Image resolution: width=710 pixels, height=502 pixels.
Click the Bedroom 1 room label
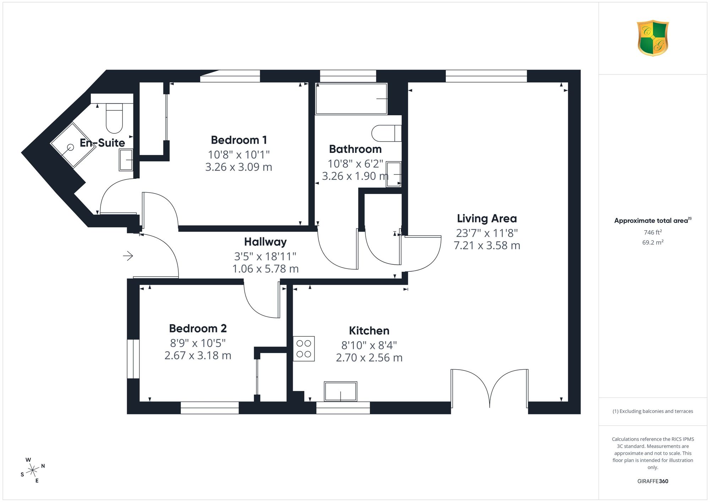point(239,140)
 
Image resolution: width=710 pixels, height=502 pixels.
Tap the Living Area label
point(487,219)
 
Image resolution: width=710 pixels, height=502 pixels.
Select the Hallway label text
point(265,242)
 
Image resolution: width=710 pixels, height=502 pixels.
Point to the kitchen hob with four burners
point(304,349)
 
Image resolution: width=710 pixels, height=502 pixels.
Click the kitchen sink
point(340,391)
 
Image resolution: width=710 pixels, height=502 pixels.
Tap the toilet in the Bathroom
point(386,133)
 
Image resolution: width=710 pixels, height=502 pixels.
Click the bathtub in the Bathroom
point(351,99)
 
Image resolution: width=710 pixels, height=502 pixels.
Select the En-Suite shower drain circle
point(70,147)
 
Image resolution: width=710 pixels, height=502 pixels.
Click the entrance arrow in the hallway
point(128,255)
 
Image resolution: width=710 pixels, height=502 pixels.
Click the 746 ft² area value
point(652,232)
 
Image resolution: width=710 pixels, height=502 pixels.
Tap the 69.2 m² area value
point(653,243)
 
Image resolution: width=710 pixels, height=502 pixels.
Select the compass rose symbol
point(33,470)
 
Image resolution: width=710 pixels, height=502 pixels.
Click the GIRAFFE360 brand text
point(652,481)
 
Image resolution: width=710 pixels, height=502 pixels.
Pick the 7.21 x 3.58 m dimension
point(487,246)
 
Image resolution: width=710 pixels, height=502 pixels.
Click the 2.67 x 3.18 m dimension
point(198,355)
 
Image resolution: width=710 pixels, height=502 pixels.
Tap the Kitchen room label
point(369,331)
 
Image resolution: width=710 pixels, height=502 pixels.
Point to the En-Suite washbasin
point(126,160)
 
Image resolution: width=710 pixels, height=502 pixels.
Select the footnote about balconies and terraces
point(652,412)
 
